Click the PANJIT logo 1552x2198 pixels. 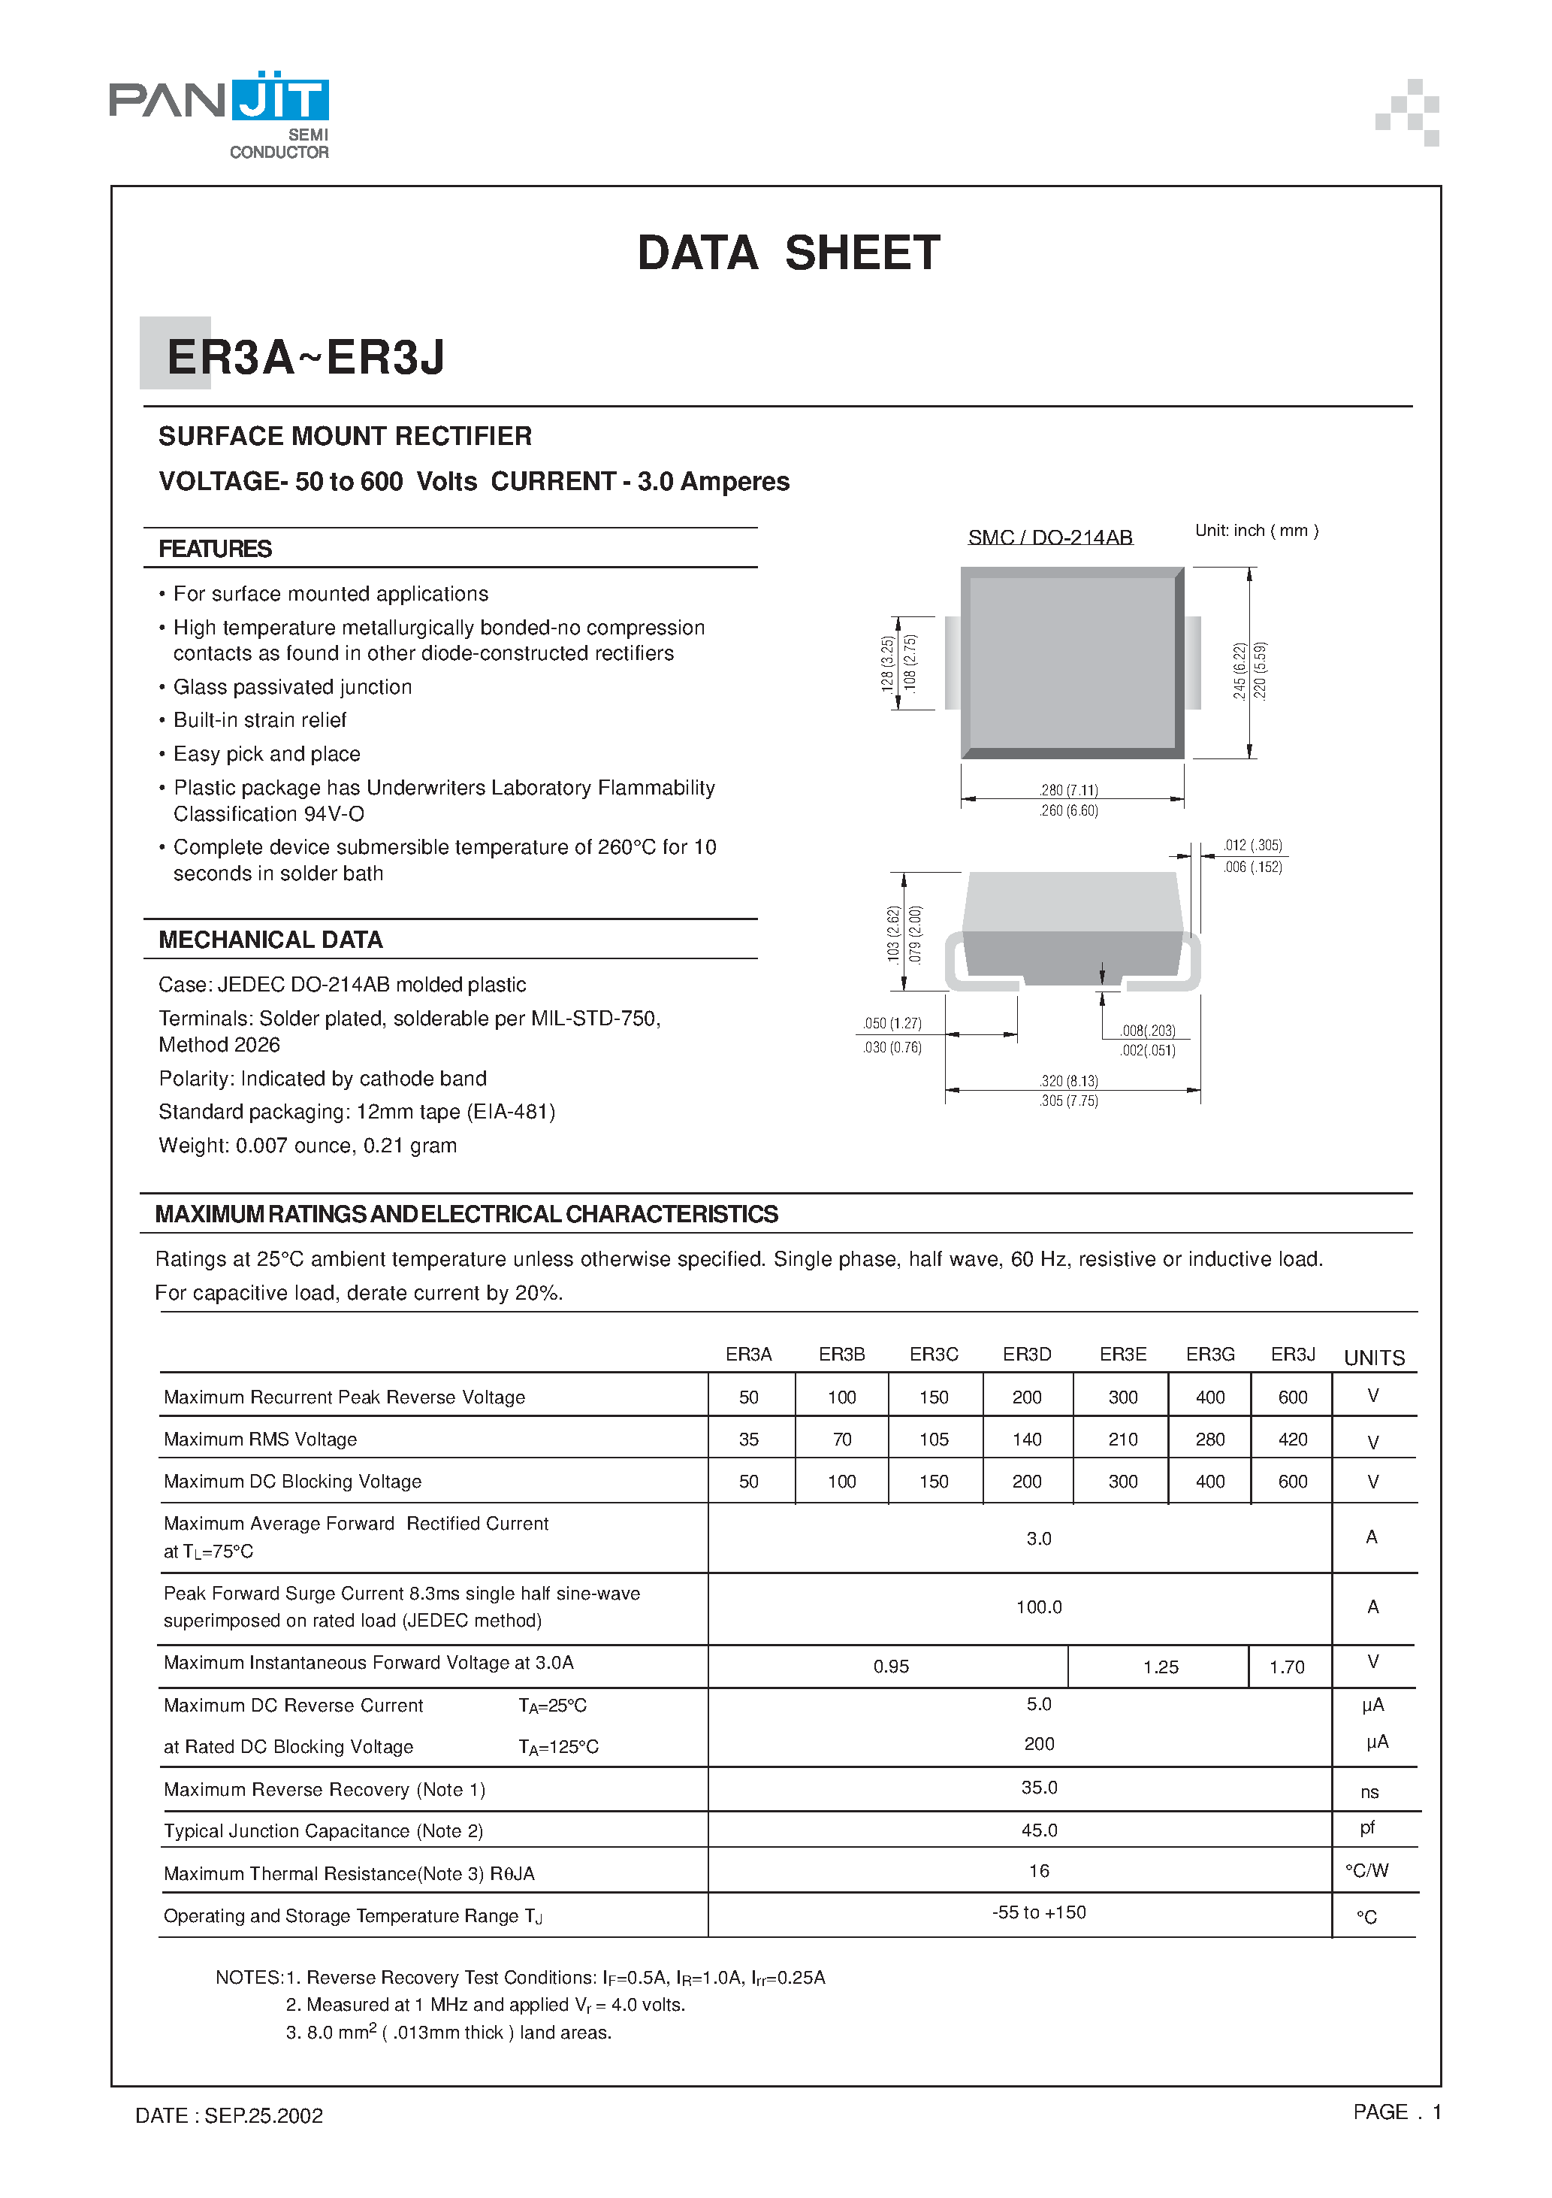219,113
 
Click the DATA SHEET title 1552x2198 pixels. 789,253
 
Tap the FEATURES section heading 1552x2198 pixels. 216,549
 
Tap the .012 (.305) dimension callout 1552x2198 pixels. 1252,846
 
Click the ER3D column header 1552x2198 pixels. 1027,1354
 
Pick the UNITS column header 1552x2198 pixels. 1374,1358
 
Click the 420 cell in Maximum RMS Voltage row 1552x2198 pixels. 1292,1439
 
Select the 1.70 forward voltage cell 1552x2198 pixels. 1286,1667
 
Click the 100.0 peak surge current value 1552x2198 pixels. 1038,1606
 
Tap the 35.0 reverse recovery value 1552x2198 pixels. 1038,1788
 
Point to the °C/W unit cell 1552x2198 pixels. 1366,1870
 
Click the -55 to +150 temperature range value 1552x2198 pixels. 1038,1912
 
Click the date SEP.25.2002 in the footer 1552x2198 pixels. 263,2115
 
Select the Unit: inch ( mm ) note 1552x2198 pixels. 1255,531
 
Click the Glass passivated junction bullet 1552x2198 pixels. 291,686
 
